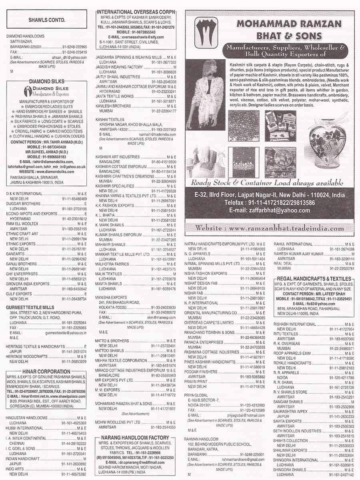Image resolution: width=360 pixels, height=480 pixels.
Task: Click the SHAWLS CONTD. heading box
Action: coord(47,20)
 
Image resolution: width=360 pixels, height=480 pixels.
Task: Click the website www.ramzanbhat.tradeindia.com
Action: coord(269,228)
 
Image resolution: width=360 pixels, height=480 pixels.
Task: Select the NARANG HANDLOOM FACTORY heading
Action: coord(135,437)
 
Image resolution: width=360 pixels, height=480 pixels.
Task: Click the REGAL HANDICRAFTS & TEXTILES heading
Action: coord(314,278)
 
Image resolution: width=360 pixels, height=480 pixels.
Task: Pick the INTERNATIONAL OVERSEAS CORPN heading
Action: coord(136,12)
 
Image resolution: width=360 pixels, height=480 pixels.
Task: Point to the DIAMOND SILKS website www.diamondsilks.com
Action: coord(46,171)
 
